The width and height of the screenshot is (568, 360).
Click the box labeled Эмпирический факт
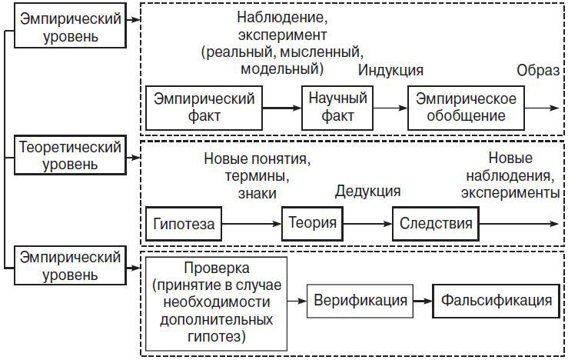[x=204, y=107]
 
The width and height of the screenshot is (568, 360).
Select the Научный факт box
[x=337, y=107]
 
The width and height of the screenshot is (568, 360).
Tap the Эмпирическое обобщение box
[x=467, y=107]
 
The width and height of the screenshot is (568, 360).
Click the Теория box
[x=313, y=223]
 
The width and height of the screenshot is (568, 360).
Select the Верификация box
[x=360, y=300]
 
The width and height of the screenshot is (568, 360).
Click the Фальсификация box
[x=496, y=300]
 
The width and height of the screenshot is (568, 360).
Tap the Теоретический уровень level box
[x=70, y=154]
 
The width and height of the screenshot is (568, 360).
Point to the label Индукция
[x=391, y=70]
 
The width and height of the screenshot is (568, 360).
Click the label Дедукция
[x=367, y=190]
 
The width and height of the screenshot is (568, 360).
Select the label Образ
[x=538, y=70]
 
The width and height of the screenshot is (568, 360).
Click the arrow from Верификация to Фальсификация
[x=423, y=300]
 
